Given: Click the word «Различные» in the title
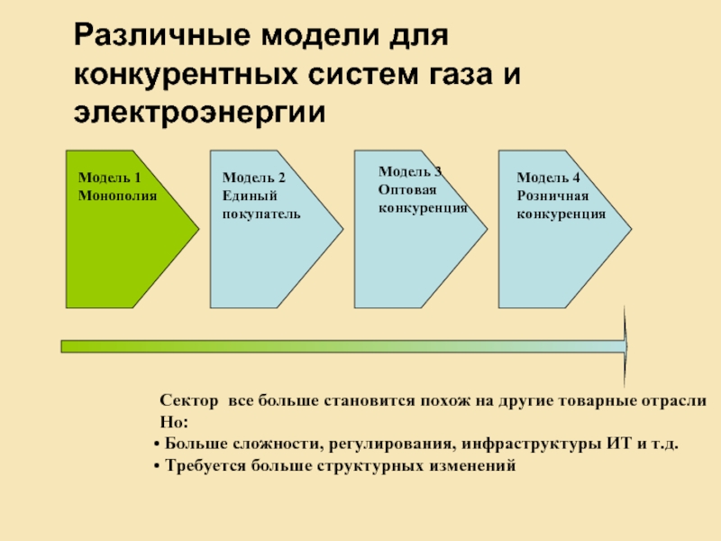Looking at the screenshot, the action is [162, 36].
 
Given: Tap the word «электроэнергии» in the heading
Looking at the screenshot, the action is [199, 113].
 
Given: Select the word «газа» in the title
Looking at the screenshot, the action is [461, 74].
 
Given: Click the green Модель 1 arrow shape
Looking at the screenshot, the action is [132, 229].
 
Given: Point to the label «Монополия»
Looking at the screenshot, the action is [118, 196].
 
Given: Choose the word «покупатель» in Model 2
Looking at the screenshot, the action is [261, 215].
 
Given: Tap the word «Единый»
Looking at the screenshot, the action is [250, 196].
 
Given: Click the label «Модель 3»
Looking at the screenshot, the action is [410, 171].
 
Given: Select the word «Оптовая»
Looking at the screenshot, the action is [407, 189].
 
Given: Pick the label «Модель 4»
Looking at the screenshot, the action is [548, 178].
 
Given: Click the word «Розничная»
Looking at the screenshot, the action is [552, 196].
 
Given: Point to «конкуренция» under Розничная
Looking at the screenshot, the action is [561, 215].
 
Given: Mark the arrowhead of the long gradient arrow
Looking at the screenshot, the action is [626, 346].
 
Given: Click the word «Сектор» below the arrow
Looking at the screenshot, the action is [189, 400].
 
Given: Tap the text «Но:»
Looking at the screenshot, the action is [174, 422].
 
